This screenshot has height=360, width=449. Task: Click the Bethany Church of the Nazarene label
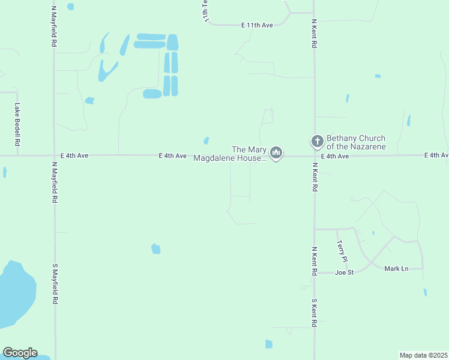pyautogui.click(x=356, y=142)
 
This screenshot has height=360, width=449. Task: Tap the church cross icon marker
pyautogui.click(x=317, y=142)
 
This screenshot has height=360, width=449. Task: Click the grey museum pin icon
pyautogui.click(x=276, y=154)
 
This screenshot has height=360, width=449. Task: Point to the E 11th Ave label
pyautogui.click(x=257, y=25)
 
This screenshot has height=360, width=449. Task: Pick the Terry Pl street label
pyautogui.click(x=341, y=251)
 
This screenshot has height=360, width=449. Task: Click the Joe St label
pyautogui.click(x=345, y=272)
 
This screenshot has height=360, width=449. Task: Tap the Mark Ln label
pyautogui.click(x=396, y=268)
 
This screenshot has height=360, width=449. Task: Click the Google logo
pyautogui.click(x=20, y=353)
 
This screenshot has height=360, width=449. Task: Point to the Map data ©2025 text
pyautogui.click(x=423, y=355)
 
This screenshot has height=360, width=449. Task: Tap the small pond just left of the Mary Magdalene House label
pyautogui.click(x=206, y=140)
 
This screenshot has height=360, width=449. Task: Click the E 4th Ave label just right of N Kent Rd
pyautogui.click(x=334, y=156)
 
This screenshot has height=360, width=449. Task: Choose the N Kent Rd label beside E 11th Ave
pyautogui.click(x=314, y=33)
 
